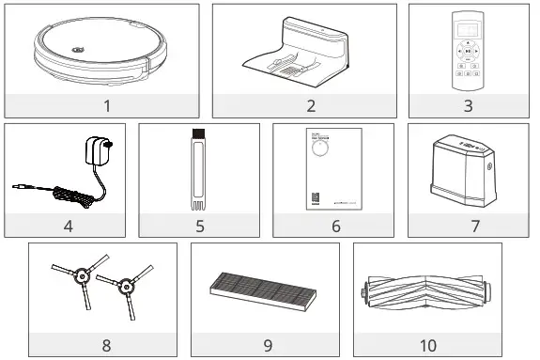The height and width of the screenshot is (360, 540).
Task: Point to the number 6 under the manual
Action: tap(333, 226)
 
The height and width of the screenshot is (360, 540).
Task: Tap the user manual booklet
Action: tap(333, 171)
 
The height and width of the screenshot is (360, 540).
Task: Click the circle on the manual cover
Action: tap(322, 157)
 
